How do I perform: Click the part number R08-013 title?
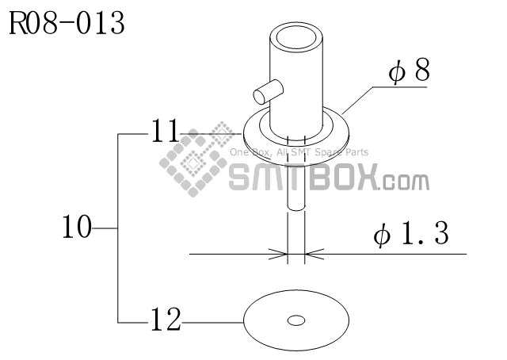[x=67, y=24]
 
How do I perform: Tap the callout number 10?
[x=77, y=228]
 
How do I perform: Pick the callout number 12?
[x=165, y=321]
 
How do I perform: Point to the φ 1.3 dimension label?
[x=411, y=235]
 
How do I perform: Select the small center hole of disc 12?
[x=296, y=320]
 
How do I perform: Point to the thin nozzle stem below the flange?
[x=295, y=230]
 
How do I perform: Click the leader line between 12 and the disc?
[x=212, y=322]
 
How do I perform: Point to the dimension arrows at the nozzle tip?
[x=295, y=255]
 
